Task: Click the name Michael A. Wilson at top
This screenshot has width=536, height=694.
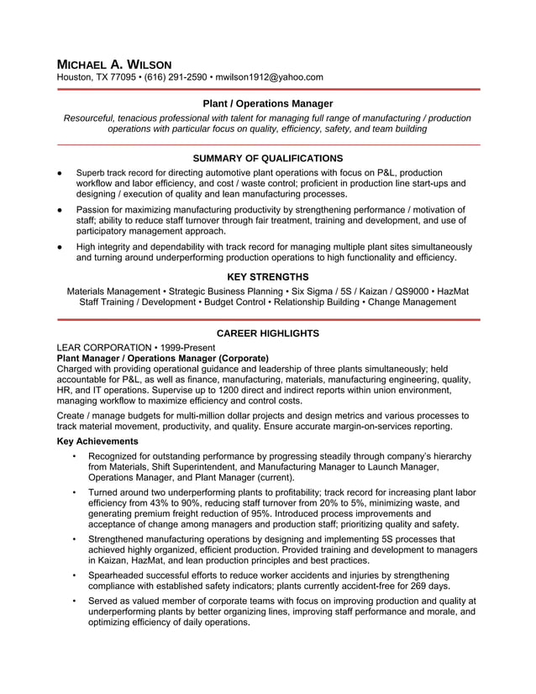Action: pyautogui.click(x=113, y=64)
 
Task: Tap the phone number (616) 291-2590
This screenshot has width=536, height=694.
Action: pyautogui.click(x=176, y=77)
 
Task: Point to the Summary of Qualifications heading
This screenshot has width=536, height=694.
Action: pyautogui.click(x=268, y=158)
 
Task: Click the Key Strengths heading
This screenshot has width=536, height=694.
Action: pyautogui.click(x=268, y=276)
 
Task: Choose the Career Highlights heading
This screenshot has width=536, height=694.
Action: pyautogui.click(x=268, y=334)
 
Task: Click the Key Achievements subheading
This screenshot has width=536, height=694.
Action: pyautogui.click(x=97, y=441)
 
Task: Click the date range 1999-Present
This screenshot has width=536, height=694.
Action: pyautogui.click(x=192, y=347)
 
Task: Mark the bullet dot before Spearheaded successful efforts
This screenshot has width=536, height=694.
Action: pyautogui.click(x=75, y=576)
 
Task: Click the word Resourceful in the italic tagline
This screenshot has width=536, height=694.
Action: pyautogui.click(x=89, y=118)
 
